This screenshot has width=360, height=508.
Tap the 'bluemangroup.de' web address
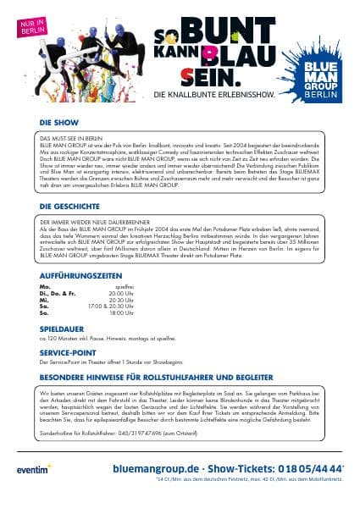[156, 467]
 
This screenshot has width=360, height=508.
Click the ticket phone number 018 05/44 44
[310, 467]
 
